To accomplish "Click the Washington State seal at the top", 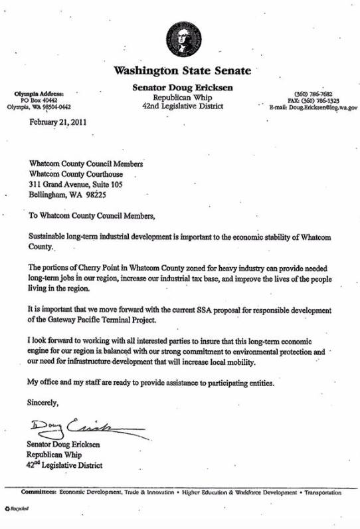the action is [183, 41].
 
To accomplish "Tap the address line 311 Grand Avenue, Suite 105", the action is [77, 184].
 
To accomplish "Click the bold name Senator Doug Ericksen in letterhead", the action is [183, 88].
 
